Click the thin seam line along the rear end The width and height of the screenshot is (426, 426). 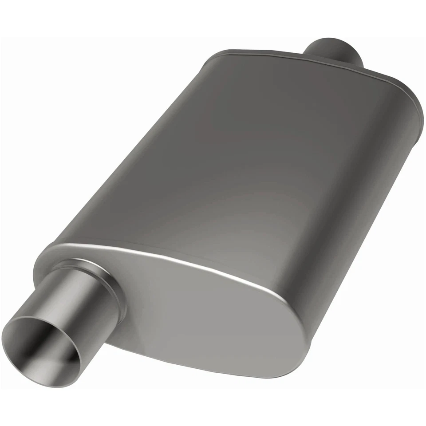pyautogui.click(x=311, y=60)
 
